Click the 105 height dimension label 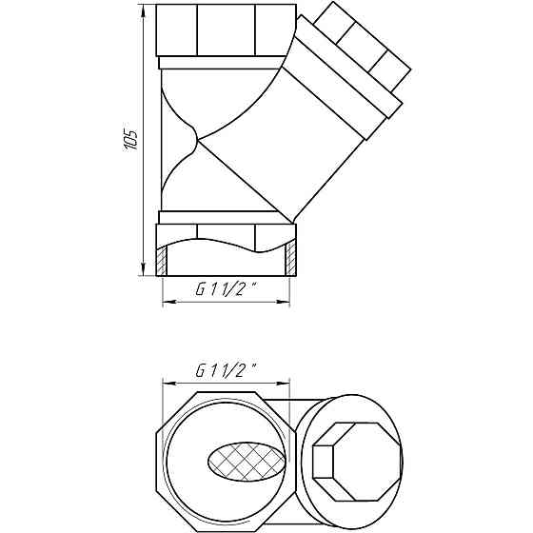(130, 139)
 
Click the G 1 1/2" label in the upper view (226, 289)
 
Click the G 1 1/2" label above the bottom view (226, 370)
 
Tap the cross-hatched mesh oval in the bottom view (247, 462)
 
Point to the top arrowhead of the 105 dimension (143, 10)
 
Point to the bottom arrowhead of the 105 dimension (143, 269)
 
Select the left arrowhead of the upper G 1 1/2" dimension (169, 302)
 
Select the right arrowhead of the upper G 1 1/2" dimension (284, 302)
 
